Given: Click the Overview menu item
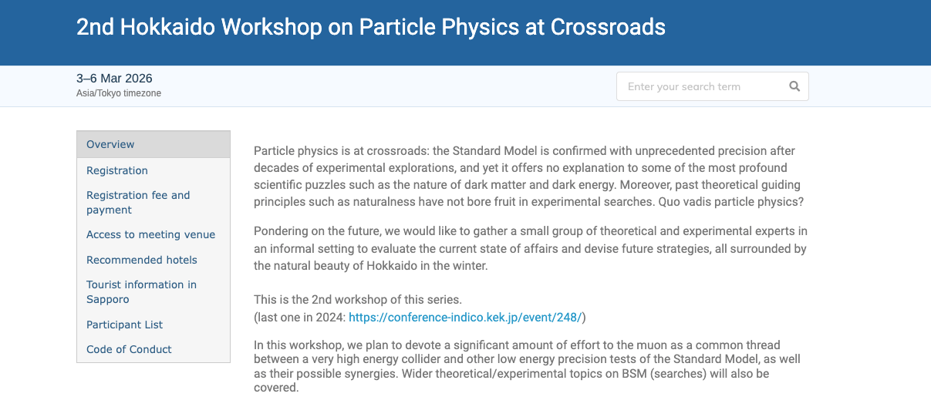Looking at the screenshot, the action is [x=110, y=144].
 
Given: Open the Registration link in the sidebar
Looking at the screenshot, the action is [x=116, y=170].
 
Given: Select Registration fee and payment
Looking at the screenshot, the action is [x=138, y=202].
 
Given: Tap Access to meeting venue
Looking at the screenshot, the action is [x=150, y=234].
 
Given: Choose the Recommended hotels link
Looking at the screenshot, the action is [x=141, y=260].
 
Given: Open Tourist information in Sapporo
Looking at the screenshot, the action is [x=141, y=291].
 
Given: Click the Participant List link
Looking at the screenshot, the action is [x=124, y=325].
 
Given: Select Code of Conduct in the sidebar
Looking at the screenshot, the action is [x=129, y=349].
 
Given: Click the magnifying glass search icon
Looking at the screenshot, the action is [x=794, y=86].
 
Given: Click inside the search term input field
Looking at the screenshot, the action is [x=703, y=86].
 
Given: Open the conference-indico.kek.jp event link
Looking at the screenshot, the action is [x=465, y=318].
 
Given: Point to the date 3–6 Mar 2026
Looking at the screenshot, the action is [x=114, y=78].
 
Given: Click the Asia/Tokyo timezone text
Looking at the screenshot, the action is [x=119, y=93].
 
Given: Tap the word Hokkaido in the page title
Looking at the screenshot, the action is [x=167, y=27].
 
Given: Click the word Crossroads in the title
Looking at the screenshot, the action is [x=608, y=27].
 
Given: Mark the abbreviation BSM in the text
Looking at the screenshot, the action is [x=634, y=373].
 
